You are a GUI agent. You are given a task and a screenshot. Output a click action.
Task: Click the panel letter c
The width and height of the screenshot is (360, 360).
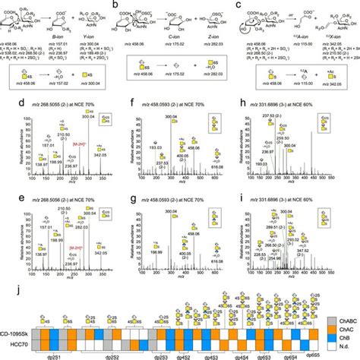(242, 4)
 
